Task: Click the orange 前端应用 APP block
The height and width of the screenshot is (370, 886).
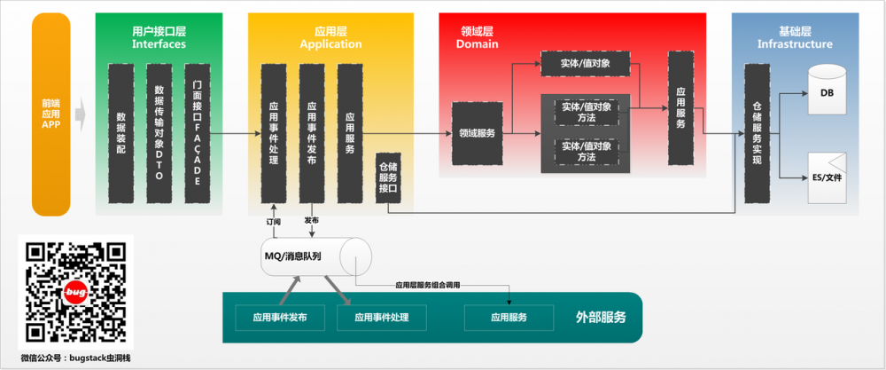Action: point(50,114)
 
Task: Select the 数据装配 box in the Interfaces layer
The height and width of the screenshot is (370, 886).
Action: point(121,132)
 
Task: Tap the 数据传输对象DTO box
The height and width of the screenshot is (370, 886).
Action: point(159,132)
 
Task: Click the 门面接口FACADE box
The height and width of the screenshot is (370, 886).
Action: point(198,132)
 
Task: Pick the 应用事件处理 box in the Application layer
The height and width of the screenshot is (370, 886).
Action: point(274,132)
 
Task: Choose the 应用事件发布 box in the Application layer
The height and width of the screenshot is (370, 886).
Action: point(312,132)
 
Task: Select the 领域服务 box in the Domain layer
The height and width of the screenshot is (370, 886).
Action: point(478,133)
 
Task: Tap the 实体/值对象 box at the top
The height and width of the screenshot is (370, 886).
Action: point(586,63)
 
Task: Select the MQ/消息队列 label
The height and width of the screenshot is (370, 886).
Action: point(292,256)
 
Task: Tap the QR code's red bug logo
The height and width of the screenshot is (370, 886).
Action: point(75,292)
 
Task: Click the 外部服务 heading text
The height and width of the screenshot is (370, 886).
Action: point(601,317)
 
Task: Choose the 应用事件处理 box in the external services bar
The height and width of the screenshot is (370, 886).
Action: point(382,317)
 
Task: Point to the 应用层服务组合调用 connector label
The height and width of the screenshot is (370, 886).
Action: point(428,285)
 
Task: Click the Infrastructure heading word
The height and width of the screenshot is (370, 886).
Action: point(795,43)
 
